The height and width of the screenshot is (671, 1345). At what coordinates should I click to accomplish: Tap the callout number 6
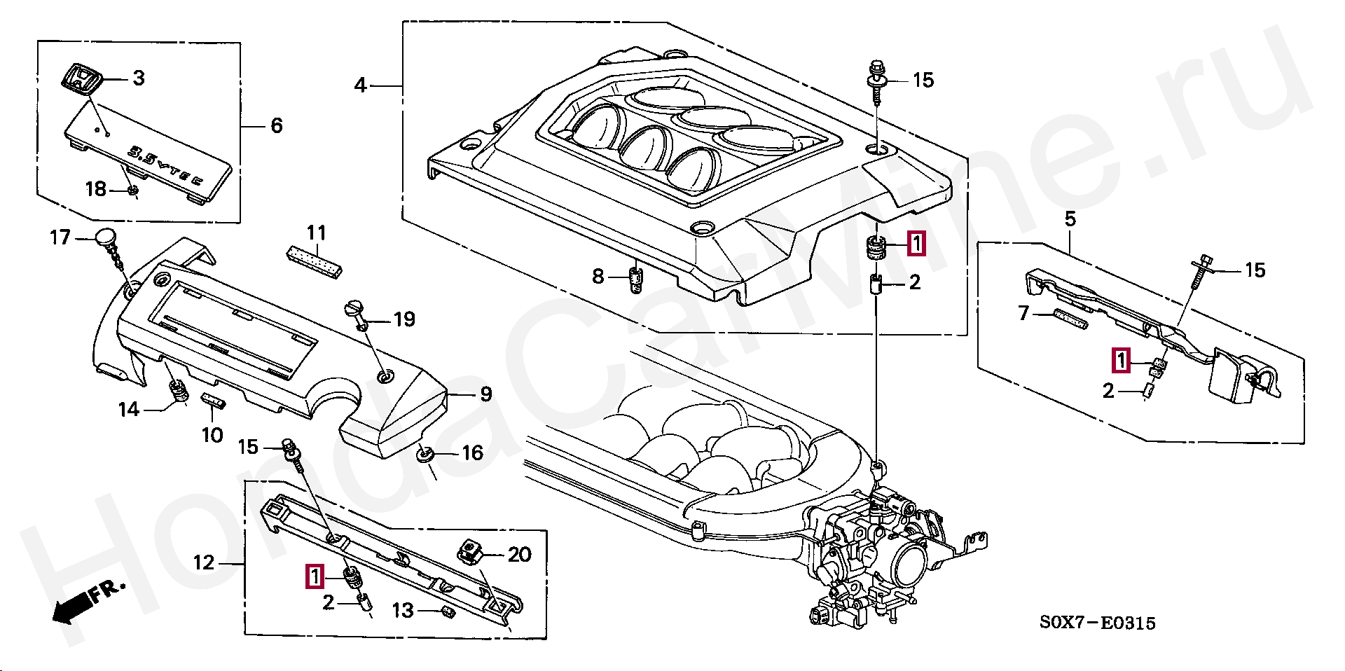coord(277,126)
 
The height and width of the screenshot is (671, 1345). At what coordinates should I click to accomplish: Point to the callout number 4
coord(360,85)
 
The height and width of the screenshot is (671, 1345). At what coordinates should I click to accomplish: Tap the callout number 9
coord(485,394)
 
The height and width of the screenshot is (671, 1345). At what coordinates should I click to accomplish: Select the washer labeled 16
coord(425,455)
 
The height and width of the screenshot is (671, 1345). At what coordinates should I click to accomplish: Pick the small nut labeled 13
coord(447,613)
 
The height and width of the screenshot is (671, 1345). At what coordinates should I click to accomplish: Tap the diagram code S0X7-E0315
coord(1097,622)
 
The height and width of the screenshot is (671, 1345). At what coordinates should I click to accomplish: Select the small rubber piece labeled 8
coord(635,279)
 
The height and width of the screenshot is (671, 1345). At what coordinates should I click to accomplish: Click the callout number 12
coord(204,562)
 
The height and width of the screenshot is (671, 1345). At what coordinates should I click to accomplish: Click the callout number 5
coord(1070,219)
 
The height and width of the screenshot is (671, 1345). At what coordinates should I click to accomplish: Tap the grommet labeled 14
coord(179,391)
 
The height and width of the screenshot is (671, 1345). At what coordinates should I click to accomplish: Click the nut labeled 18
coord(132,190)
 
